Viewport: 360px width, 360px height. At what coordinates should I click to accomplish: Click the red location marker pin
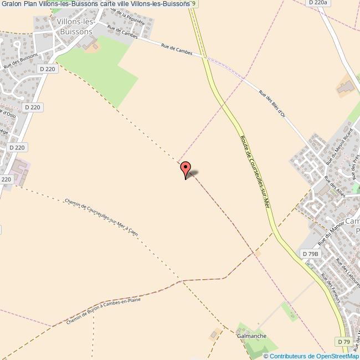click(186, 168)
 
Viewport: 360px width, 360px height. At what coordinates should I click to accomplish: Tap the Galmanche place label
click(251, 336)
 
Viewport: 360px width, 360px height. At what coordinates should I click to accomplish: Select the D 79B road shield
click(311, 254)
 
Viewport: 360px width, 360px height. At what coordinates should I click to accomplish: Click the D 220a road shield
click(318, 3)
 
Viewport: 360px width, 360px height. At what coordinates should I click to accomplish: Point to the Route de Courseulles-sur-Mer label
click(255, 172)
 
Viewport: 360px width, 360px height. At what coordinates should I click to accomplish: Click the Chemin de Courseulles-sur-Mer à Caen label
click(101, 217)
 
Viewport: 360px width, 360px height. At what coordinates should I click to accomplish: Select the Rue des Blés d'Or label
click(272, 104)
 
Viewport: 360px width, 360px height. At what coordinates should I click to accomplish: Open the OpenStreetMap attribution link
click(336, 356)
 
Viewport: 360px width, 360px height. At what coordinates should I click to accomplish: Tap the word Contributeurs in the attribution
click(288, 356)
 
